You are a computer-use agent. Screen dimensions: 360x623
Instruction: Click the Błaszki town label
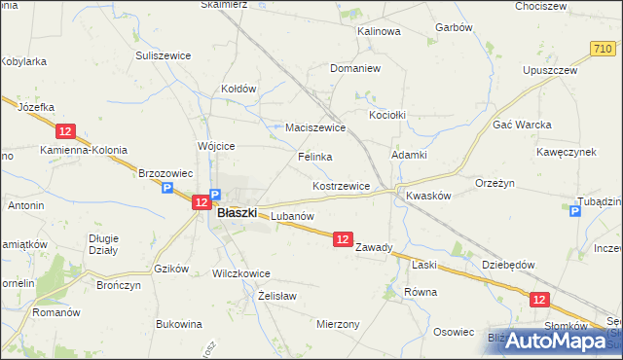[237, 212]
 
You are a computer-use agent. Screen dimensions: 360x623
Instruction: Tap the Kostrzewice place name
[341, 186]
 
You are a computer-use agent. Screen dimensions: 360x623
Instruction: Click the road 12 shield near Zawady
[342, 238]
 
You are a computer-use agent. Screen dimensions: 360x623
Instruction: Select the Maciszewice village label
[315, 127]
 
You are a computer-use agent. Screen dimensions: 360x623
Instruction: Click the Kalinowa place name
[380, 31]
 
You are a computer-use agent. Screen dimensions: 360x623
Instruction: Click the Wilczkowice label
[240, 274]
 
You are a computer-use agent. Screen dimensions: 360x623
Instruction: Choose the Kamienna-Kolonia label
[84, 151]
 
